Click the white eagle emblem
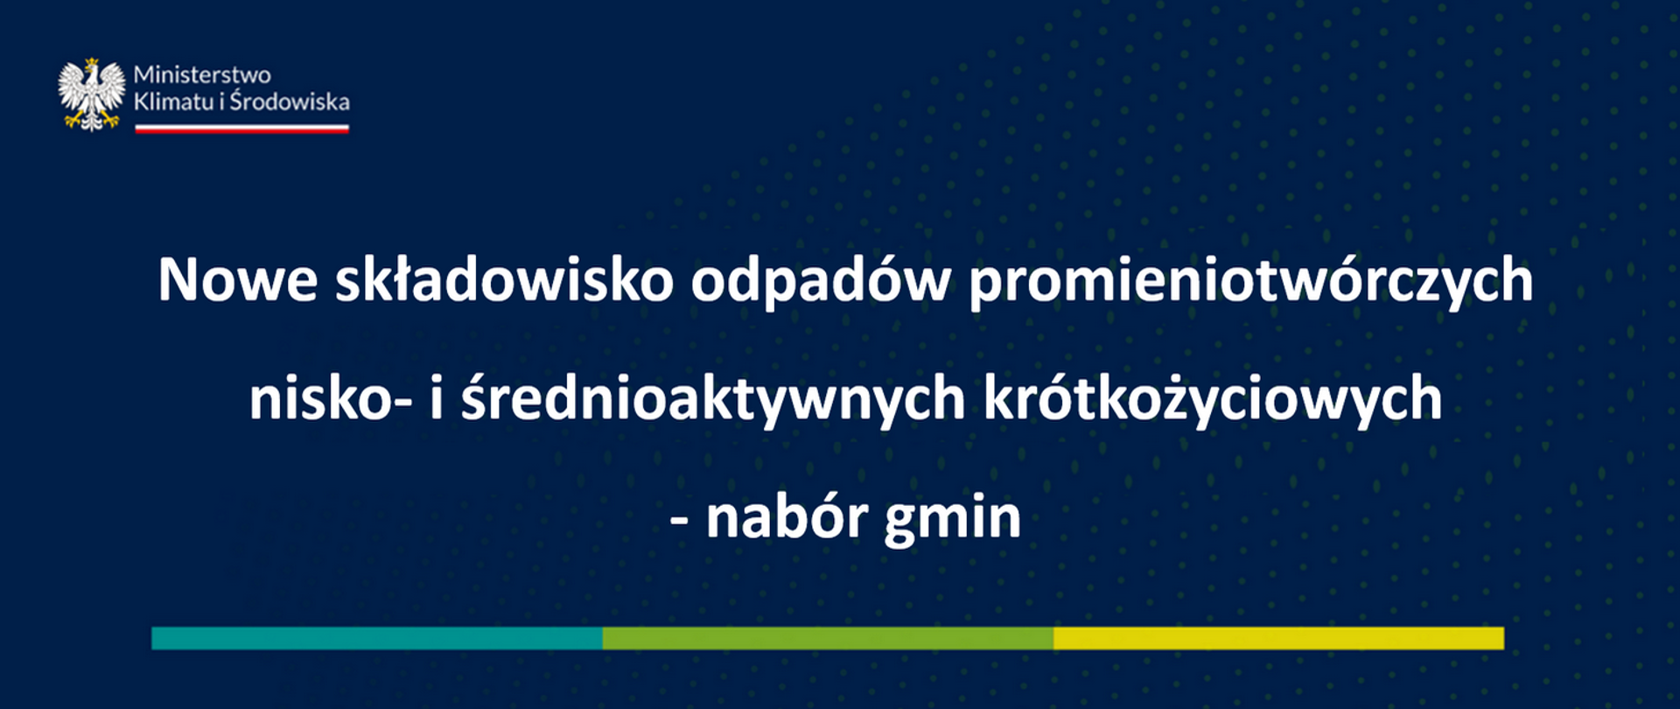pos(91,95)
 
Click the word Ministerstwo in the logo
pos(202,74)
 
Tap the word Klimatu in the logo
pos(173,102)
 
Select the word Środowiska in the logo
pos(290,102)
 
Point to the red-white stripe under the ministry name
pos(241,129)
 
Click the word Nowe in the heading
pos(237,281)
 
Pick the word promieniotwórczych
pos(1251,281)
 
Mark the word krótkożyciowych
pos(1213,399)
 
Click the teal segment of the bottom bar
pos(376,638)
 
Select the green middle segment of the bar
pos(828,638)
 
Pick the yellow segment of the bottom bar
pos(1278,638)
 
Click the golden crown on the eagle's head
pos(91,63)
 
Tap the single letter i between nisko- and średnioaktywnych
pos(436,397)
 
